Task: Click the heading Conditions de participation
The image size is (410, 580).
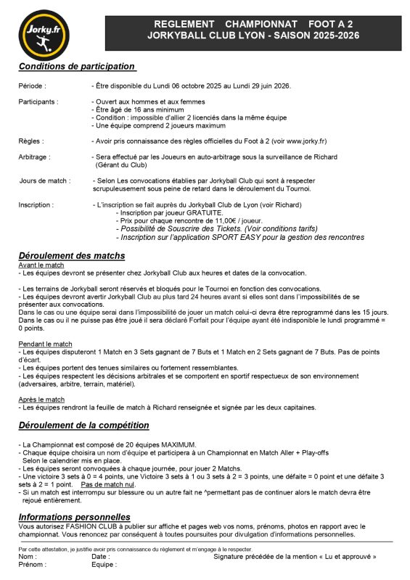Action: click(x=77, y=67)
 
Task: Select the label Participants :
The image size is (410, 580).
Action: click(x=38, y=101)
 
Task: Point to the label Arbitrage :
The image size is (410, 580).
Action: click(x=35, y=157)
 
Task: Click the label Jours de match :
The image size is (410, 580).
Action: click(x=45, y=180)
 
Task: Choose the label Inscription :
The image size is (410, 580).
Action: click(x=36, y=205)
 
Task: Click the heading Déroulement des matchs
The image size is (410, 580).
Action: click(x=72, y=256)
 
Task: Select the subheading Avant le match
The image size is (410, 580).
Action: click(x=41, y=265)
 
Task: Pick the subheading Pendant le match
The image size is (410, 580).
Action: click(x=45, y=344)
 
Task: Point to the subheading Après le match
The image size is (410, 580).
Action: click(x=41, y=399)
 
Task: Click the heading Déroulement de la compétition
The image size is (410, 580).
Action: click(x=84, y=426)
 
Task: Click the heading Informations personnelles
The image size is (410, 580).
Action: click(x=74, y=517)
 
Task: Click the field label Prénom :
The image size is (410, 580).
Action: click(x=33, y=564)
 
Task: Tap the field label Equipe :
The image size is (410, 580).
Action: click(x=104, y=564)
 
